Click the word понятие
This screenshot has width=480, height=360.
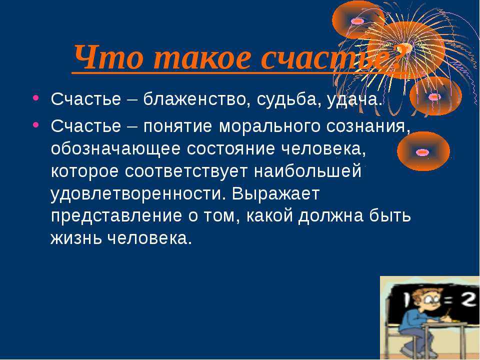[177, 126]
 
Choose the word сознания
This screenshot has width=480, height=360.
[368, 127]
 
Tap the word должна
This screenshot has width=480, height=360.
[331, 216]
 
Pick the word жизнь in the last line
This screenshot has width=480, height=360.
[76, 238]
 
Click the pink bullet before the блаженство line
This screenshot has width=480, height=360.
[36, 98]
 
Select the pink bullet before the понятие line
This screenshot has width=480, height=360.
[36, 125]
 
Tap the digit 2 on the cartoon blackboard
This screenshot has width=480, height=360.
[468, 300]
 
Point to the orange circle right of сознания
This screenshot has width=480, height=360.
[423, 151]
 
